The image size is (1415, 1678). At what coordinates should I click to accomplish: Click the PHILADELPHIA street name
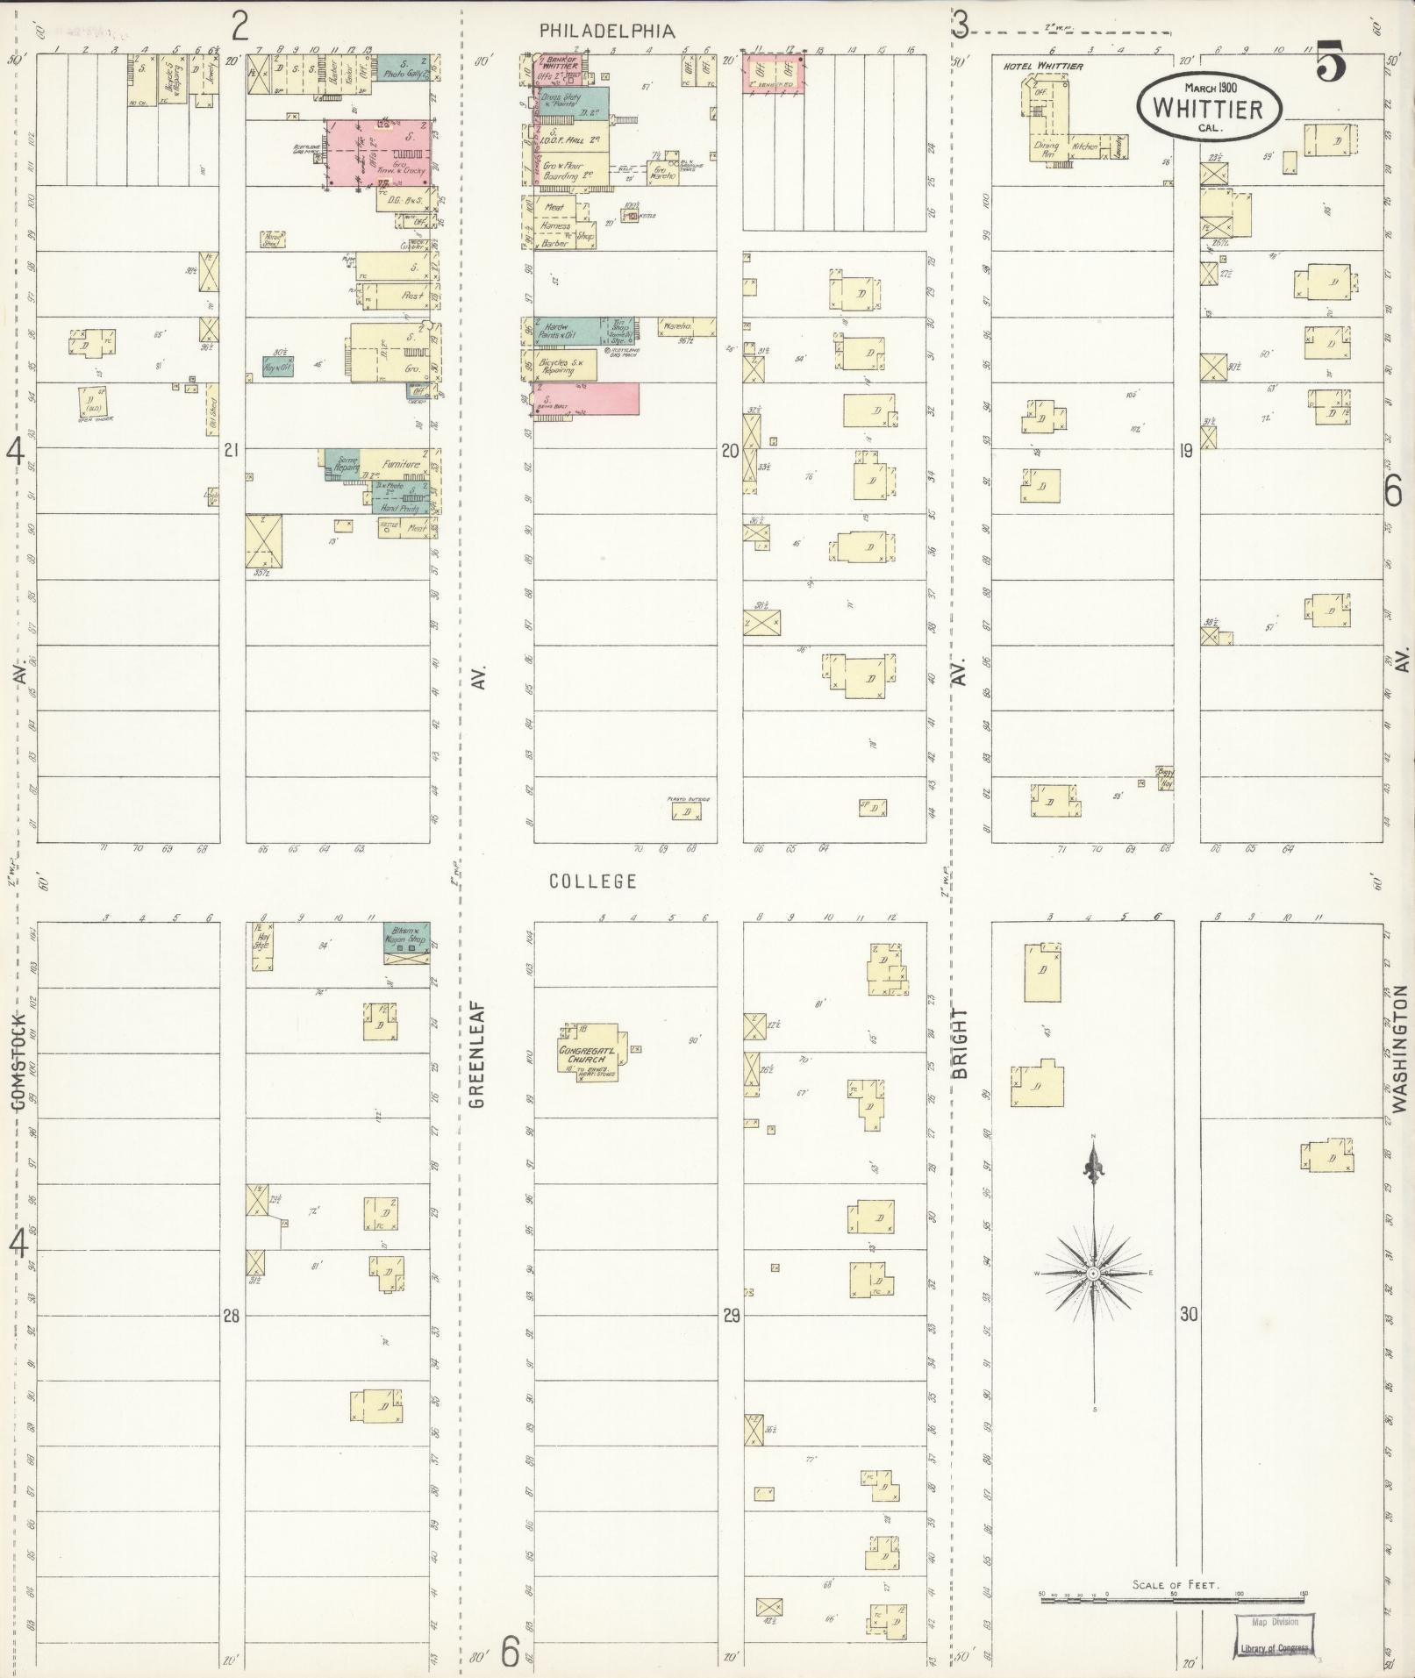pos(607,31)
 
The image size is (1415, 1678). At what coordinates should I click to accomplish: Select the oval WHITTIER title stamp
pos(1209,107)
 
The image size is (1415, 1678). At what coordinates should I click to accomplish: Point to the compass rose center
pos(1094,1273)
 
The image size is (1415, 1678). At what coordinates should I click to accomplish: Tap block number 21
pos(231,451)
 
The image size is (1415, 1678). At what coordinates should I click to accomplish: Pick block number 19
pos(1186,452)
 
